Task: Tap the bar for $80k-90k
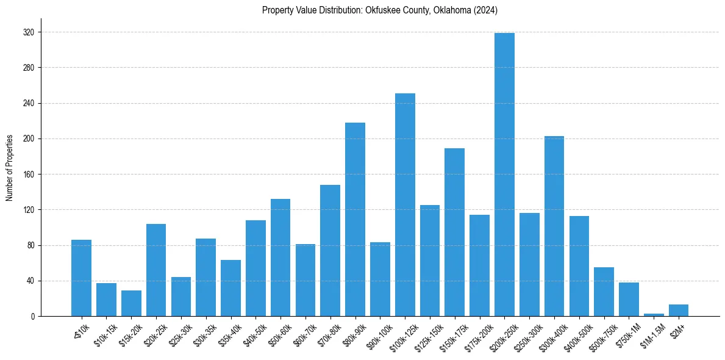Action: point(355,219)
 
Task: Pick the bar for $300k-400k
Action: point(554,226)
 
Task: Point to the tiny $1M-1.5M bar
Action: point(654,315)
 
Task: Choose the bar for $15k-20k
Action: point(131,303)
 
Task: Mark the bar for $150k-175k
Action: point(454,232)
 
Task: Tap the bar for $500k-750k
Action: point(604,292)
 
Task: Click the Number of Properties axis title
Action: point(10,168)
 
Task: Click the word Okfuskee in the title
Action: point(383,10)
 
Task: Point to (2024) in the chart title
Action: point(485,10)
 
